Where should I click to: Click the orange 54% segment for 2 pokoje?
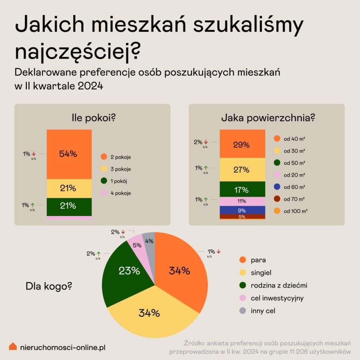(x=69, y=154)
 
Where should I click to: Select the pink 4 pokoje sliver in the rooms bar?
(x=69, y=218)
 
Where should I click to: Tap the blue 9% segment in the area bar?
(x=243, y=210)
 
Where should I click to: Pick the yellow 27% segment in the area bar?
(x=243, y=169)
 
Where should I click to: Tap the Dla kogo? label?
(x=49, y=286)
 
